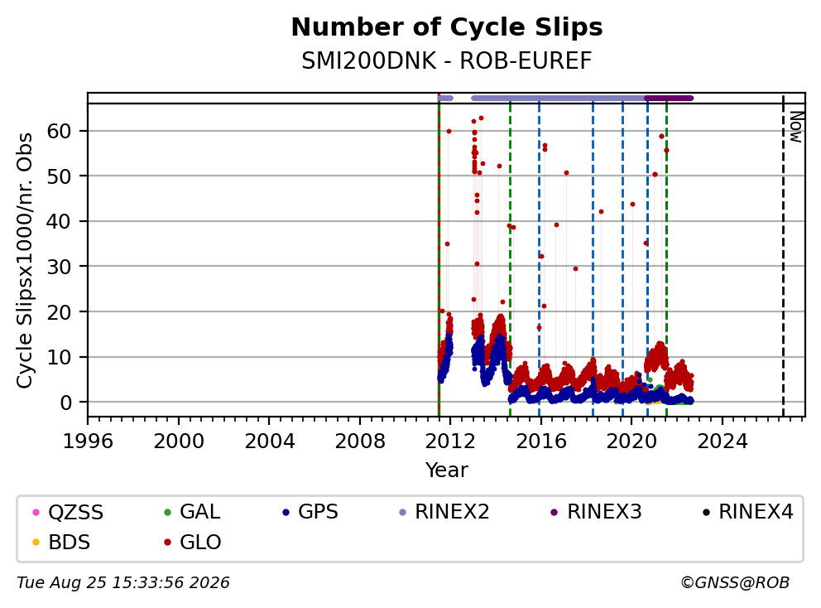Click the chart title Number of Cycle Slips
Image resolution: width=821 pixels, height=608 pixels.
[447, 27]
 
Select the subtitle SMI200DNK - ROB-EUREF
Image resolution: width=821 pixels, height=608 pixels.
[447, 61]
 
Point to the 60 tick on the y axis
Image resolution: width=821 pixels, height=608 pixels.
[59, 131]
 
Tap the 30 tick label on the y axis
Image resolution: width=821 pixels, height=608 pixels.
[59, 267]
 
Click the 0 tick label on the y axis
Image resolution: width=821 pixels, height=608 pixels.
[65, 403]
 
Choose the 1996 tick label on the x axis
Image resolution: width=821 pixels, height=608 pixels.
[88, 442]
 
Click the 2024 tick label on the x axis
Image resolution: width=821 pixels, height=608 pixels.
[722, 442]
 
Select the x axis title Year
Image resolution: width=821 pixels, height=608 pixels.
[447, 470]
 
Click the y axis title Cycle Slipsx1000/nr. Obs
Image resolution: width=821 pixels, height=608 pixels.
[25, 260]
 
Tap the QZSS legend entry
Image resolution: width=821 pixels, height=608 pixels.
[68, 512]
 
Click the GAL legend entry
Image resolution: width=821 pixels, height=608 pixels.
[192, 512]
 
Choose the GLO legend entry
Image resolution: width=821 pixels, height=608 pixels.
[192, 543]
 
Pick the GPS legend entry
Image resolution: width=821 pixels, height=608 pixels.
[310, 512]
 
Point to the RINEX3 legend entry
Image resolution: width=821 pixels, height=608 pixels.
[597, 512]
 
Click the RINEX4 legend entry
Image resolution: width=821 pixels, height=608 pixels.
[748, 512]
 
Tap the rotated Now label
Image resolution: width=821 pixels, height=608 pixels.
[796, 127]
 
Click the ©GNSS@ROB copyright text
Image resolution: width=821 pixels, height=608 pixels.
[735, 583]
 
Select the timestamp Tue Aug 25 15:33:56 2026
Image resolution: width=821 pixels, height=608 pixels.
[123, 583]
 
